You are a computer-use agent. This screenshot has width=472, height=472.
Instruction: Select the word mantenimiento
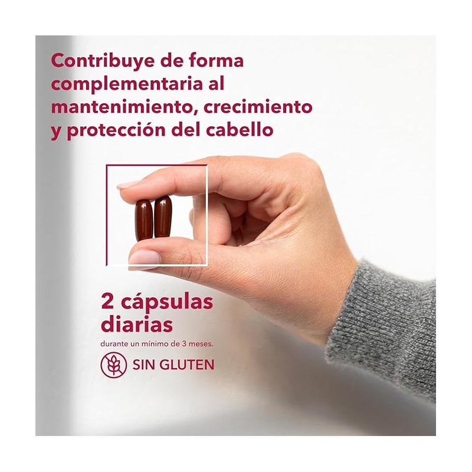[x=122, y=107]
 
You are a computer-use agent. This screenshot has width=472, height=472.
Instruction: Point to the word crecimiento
[x=258, y=107]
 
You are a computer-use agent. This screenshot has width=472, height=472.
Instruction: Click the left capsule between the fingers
[x=143, y=220]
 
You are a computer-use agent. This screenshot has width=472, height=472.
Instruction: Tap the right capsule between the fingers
[x=163, y=216]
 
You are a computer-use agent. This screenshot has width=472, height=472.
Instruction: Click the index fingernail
[x=127, y=184]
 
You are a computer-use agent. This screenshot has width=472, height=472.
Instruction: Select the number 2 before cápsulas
[x=107, y=301]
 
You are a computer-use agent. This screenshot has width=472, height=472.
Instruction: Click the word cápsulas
[x=167, y=303]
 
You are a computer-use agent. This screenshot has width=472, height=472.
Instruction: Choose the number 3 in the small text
[x=183, y=344]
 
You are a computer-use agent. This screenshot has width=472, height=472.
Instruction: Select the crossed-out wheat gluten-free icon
[x=113, y=365]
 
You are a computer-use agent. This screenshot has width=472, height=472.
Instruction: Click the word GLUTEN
[x=186, y=365]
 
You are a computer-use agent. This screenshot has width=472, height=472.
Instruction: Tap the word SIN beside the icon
[x=144, y=365]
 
